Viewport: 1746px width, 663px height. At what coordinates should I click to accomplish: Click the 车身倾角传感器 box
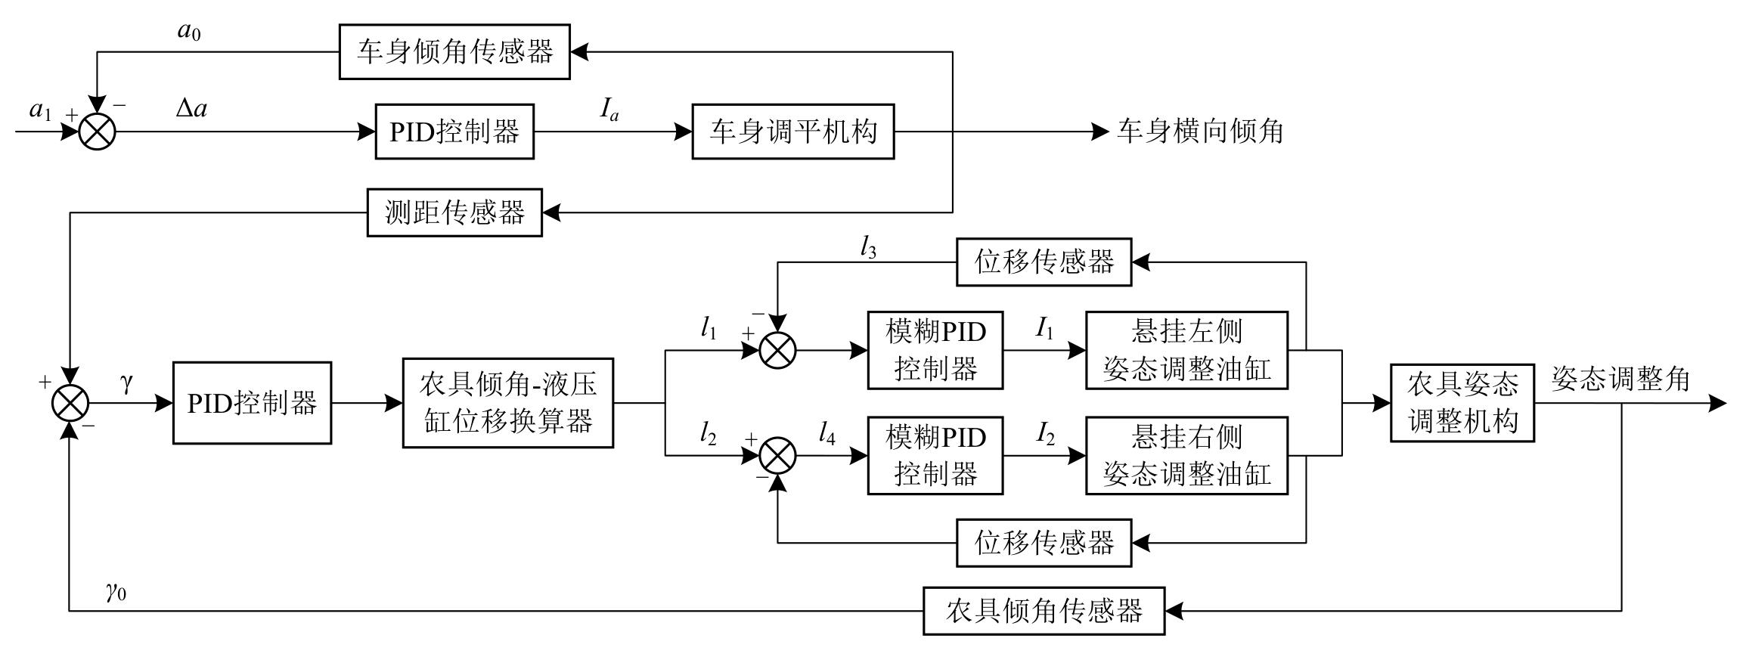[x=454, y=51]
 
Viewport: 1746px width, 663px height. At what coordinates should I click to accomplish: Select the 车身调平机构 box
[x=792, y=132]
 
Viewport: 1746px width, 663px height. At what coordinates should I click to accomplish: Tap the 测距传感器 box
[x=454, y=212]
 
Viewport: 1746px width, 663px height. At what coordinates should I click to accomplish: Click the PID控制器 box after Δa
[x=454, y=132]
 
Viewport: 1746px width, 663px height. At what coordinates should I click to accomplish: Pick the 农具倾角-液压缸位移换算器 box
[x=507, y=403]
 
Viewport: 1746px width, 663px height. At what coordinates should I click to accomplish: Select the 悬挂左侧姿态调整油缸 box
[x=1186, y=350]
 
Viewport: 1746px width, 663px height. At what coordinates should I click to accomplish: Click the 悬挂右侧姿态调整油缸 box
[x=1186, y=456]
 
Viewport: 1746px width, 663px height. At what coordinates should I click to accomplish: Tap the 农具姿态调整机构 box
[x=1462, y=403]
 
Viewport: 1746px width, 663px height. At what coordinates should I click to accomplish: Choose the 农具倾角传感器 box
[x=1044, y=611]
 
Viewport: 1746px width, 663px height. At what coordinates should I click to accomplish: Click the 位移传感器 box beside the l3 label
[x=1044, y=262]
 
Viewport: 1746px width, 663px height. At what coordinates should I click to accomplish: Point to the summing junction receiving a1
[x=98, y=132]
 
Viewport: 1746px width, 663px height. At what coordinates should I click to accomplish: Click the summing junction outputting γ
[x=70, y=403]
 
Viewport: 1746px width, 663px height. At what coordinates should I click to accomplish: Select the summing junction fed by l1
[x=777, y=351]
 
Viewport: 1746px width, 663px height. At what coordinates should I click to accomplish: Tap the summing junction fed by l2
[x=777, y=456]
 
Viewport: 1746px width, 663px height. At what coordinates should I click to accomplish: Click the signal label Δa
[x=191, y=110]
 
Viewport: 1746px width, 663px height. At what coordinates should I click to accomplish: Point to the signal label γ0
[x=116, y=591]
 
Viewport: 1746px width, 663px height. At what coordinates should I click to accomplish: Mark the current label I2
[x=1045, y=434]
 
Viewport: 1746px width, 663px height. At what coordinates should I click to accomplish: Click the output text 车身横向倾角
[x=1200, y=132]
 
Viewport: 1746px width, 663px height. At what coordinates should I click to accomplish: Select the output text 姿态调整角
[x=1620, y=379]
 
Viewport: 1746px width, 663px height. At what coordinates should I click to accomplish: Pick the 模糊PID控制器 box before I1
[x=935, y=350]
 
